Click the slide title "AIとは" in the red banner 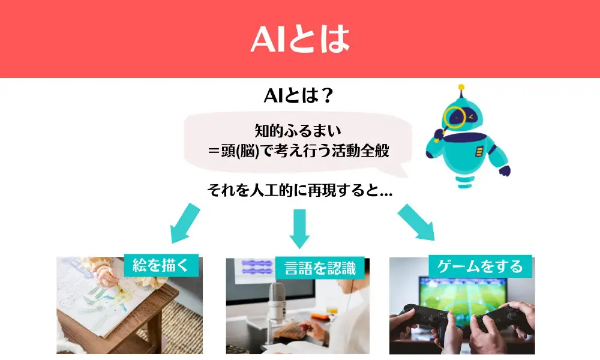(x=300, y=38)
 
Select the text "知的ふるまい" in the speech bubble (x=298, y=131)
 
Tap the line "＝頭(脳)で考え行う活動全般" (x=298, y=151)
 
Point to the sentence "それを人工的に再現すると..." (x=299, y=190)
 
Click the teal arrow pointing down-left (x=185, y=224)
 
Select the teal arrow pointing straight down (x=299, y=229)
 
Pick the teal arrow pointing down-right (x=417, y=223)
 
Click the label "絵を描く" (x=161, y=265)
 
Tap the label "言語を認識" (x=320, y=268)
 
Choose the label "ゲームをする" (x=480, y=266)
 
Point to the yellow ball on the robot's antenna (x=461, y=87)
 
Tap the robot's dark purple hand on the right (x=505, y=170)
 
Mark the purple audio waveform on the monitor (x=257, y=267)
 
